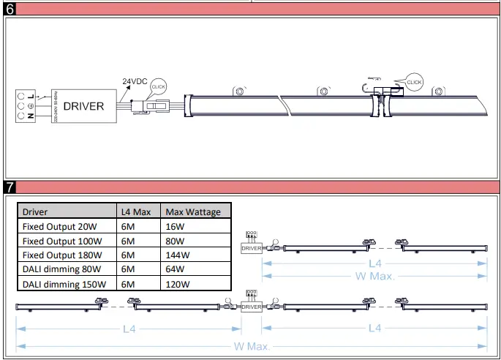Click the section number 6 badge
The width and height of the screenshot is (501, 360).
(x=9, y=10)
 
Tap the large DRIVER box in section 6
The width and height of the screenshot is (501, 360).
(x=83, y=106)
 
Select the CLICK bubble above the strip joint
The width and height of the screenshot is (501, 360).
(x=414, y=83)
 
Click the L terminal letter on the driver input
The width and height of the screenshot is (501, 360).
(x=31, y=96)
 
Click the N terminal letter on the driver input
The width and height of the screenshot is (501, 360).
(x=31, y=116)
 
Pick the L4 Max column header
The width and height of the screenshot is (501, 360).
(x=136, y=212)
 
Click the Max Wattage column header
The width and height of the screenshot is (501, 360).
(x=193, y=212)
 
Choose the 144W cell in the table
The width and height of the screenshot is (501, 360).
(x=178, y=255)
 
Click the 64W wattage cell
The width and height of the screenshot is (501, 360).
(x=176, y=270)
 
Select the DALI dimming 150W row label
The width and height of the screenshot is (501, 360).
(x=64, y=284)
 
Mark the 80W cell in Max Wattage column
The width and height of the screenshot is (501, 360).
(x=176, y=241)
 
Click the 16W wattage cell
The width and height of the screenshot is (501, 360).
(x=176, y=227)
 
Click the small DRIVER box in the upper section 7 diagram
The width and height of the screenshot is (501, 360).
(x=251, y=249)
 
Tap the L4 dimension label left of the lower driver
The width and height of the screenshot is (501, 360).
(x=128, y=329)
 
